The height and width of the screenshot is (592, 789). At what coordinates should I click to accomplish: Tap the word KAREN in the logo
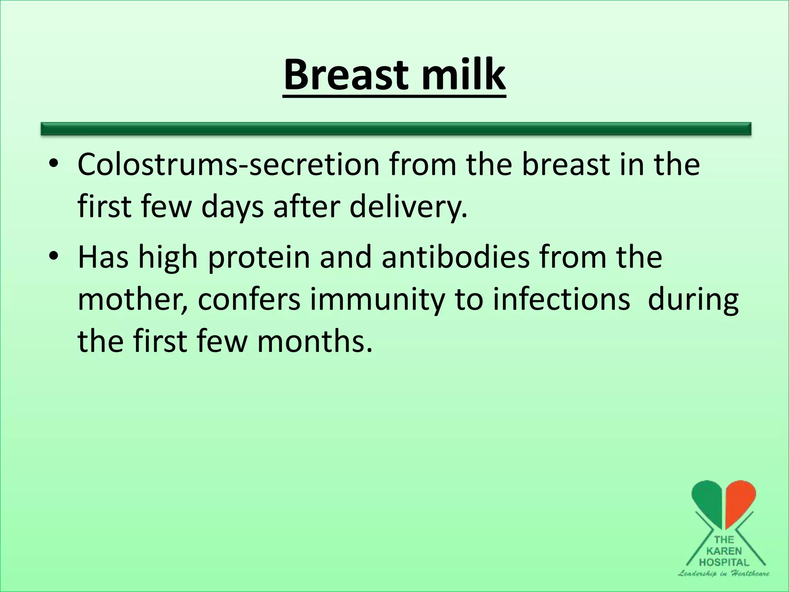pos(724,551)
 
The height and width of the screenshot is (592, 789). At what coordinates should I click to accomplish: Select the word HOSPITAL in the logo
pos(724,562)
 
